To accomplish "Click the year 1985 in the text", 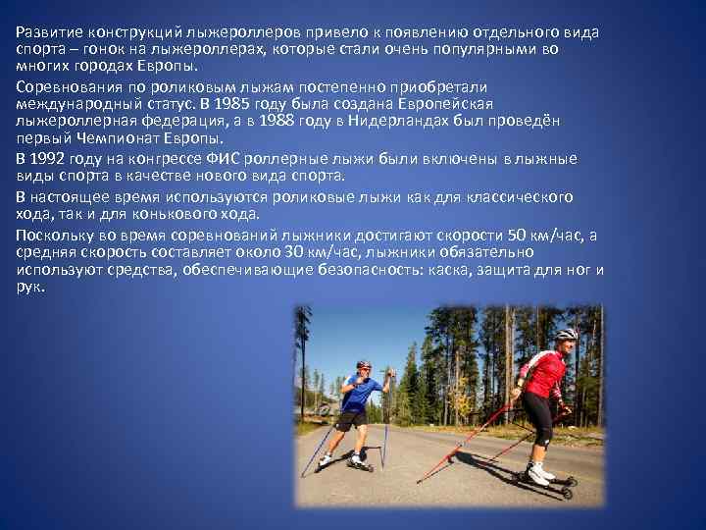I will coord(263,104).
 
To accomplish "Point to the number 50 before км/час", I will coord(518,234).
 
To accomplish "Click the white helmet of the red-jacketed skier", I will coord(566,334).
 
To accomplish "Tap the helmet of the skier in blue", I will coord(364,364).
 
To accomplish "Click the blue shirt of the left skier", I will coord(358,392).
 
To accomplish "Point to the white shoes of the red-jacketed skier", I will coord(540,475).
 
